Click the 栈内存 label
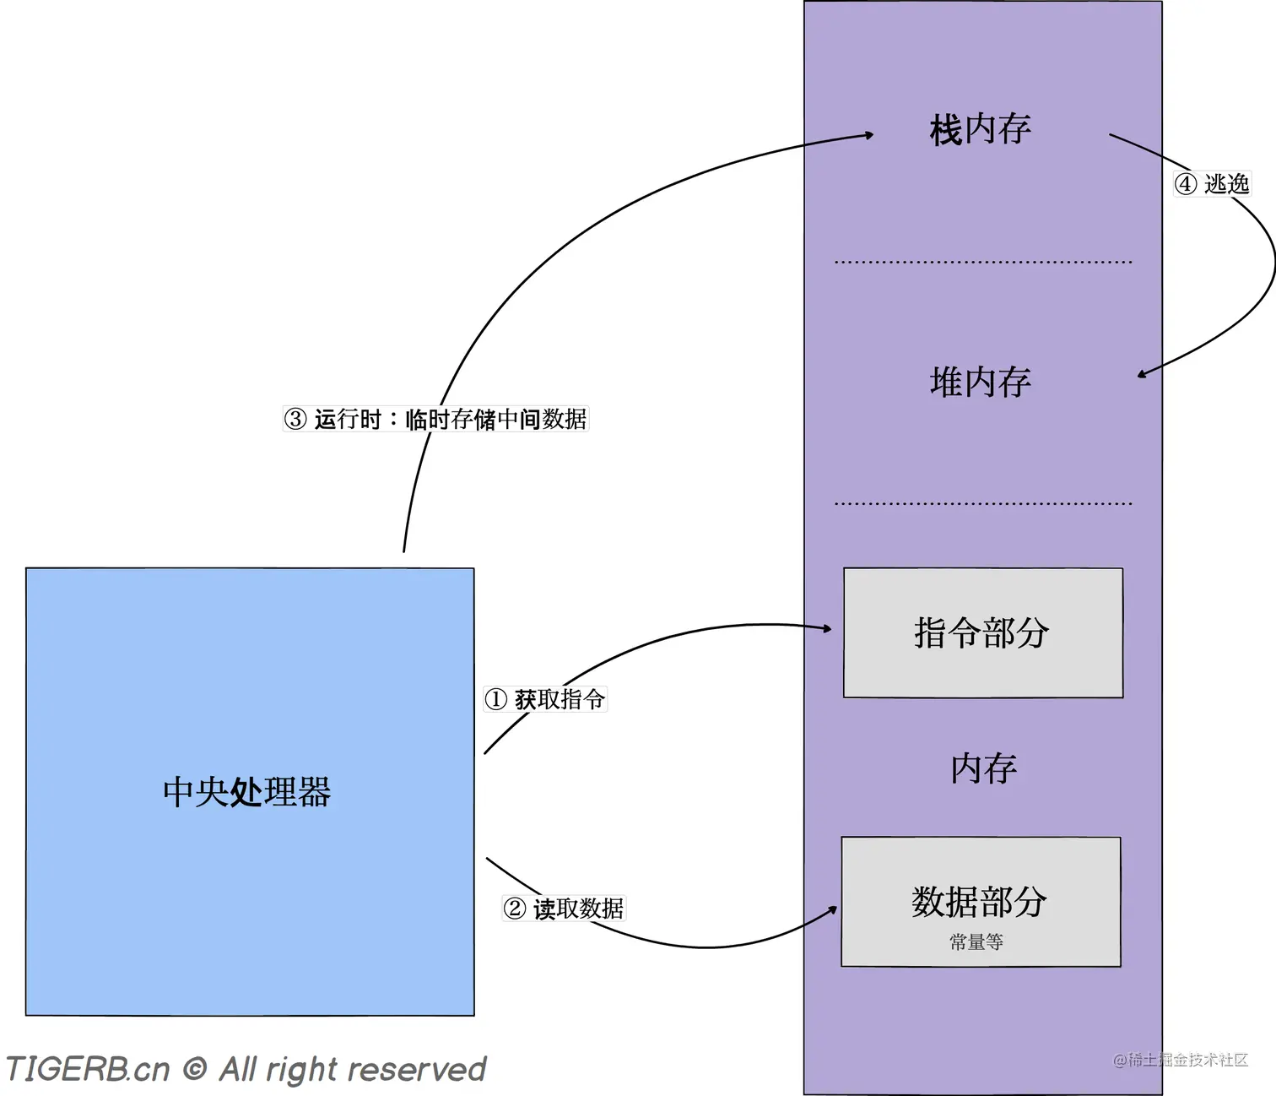[981, 129]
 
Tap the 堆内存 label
[981, 382]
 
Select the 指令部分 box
[983, 632]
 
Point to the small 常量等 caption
[976, 941]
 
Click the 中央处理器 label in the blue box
[247, 792]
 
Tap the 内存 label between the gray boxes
[983, 768]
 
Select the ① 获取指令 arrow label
[545, 699]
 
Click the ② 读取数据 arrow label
[564, 909]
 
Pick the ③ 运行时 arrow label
[435, 419]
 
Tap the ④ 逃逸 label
[1213, 183]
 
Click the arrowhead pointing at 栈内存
[869, 134]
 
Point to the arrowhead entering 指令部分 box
[828, 628]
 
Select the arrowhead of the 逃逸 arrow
[1142, 374]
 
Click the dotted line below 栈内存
[983, 262]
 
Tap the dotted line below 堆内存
[983, 503]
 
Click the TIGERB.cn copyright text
[246, 1069]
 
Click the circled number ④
[1186, 183]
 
